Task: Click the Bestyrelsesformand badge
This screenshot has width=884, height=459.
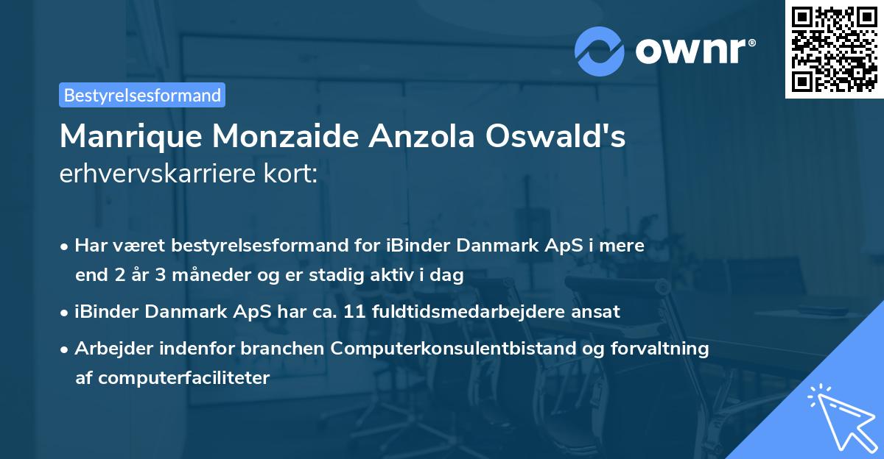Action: click(142, 95)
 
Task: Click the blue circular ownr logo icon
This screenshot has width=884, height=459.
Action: click(600, 51)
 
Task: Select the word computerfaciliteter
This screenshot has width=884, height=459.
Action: click(172, 378)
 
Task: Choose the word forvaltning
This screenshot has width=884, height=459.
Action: click(665, 349)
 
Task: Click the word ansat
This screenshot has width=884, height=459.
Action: click(599, 312)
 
